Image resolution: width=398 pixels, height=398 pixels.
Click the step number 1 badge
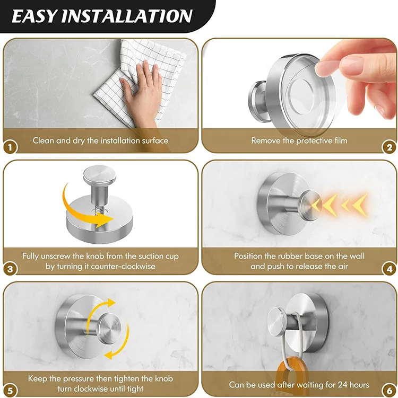11,147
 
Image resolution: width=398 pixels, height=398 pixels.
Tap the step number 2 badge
389,147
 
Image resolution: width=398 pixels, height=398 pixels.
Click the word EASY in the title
34,16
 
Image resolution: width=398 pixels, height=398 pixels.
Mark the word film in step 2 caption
339,140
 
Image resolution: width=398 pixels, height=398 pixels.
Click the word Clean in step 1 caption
44,140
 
